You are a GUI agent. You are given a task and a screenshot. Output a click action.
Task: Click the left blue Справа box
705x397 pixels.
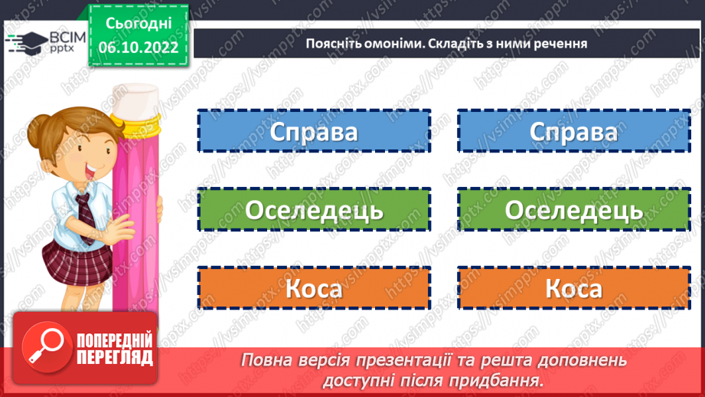314,132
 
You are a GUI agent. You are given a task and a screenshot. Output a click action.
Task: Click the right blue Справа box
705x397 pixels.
573,132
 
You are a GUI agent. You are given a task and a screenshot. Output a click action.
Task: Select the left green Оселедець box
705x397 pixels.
314,210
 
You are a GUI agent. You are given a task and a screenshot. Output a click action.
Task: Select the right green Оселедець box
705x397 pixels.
573,210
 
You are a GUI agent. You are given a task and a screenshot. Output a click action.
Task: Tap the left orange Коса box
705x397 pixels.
314,289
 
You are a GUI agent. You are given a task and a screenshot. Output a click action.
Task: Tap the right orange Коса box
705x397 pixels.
573,289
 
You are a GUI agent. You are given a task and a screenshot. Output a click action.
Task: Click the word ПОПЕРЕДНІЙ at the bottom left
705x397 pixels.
114,340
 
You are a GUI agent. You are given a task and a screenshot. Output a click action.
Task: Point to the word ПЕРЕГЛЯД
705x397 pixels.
114,357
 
